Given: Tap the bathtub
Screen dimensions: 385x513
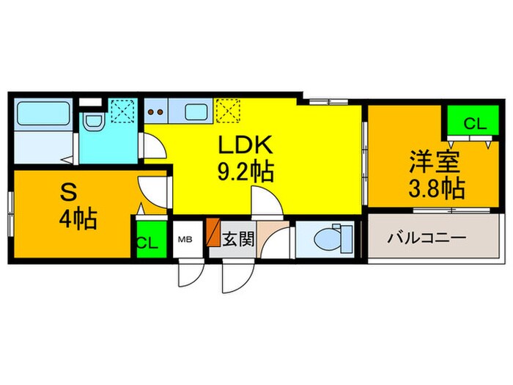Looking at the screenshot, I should pyautogui.click(x=42, y=115).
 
